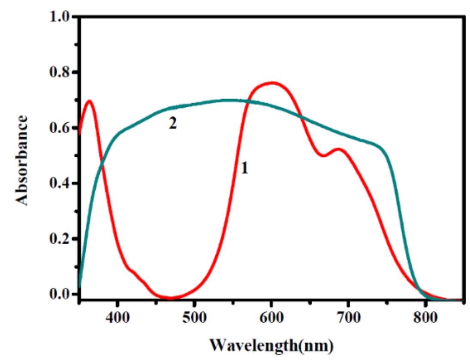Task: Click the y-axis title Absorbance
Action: coord(22,160)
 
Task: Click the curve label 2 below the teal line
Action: coord(172,124)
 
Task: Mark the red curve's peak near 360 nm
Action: coord(90,101)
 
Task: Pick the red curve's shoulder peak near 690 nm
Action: coord(338,149)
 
